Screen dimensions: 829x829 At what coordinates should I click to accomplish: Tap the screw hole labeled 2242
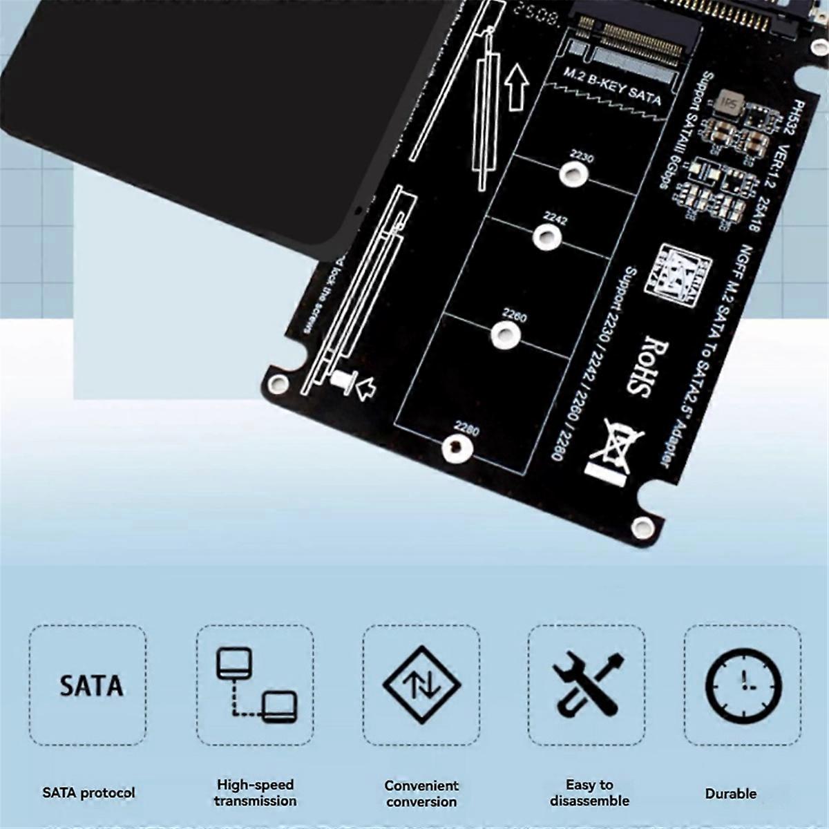tap(546, 237)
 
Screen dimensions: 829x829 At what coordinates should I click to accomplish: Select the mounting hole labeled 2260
tap(506, 336)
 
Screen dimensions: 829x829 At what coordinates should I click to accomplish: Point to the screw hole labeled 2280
tap(457, 449)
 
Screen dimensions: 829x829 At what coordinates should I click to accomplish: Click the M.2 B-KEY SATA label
tap(612, 87)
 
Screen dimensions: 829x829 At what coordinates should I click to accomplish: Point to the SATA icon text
tap(90, 686)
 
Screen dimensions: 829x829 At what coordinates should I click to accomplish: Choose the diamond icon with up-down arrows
tap(421, 685)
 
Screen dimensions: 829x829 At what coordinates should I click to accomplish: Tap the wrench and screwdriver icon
tap(588, 685)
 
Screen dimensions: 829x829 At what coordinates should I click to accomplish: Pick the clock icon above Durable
tap(743, 686)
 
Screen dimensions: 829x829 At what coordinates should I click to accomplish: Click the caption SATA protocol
tap(88, 792)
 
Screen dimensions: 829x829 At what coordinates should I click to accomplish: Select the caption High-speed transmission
tap(255, 792)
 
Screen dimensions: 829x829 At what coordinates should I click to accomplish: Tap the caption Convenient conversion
tap(421, 793)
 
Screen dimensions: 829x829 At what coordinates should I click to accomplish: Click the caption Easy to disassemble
tap(589, 792)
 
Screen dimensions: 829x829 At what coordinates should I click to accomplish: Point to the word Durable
tap(730, 793)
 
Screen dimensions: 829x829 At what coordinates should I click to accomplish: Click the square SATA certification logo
tap(674, 273)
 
